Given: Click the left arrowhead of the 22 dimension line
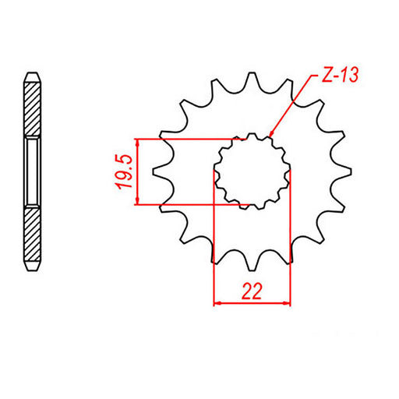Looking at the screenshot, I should [217, 303].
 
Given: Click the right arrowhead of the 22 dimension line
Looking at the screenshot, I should [287, 303].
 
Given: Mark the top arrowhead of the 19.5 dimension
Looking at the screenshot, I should [138, 143].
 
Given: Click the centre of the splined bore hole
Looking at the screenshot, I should [252, 171].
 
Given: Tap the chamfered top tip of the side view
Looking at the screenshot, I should [31, 76].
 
